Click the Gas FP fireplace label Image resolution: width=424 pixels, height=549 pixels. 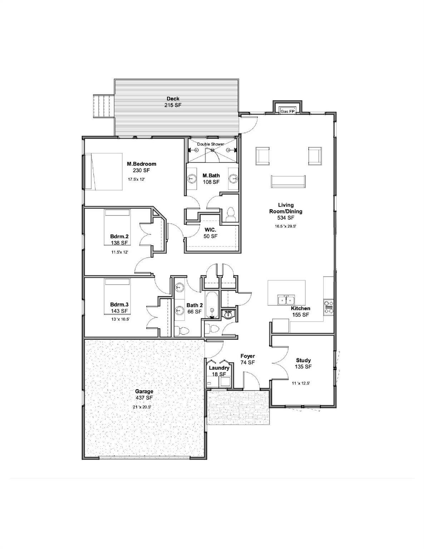287,111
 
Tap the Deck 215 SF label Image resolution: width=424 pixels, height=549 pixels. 173,102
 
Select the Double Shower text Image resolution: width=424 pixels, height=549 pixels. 211,144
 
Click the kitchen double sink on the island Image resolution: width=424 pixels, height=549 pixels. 286,300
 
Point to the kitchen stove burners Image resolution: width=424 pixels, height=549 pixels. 328,306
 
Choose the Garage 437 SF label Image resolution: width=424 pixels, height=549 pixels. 144,395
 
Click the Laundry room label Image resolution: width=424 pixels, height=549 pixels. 219,368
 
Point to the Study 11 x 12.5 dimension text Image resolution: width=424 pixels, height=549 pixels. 301,383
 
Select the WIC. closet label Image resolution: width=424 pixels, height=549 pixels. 211,233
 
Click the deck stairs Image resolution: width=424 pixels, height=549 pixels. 104,106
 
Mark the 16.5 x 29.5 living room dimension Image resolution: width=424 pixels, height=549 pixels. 286,226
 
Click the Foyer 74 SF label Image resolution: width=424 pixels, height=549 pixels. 247,359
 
